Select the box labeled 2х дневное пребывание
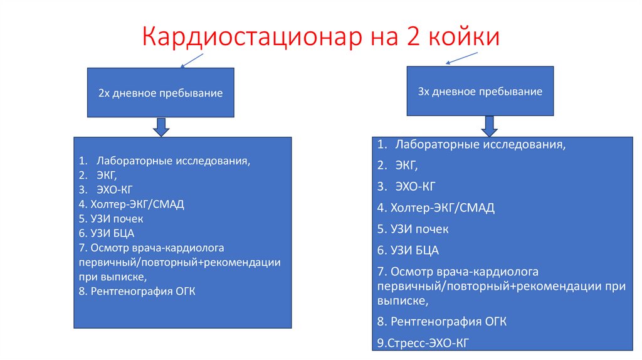(x=160, y=93)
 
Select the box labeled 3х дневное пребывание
(x=480, y=92)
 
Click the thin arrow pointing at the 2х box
(x=192, y=60)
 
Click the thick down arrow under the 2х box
(x=161, y=127)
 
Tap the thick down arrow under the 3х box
(x=490, y=126)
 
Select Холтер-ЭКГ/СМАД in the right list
(x=442, y=208)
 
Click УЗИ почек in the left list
(x=116, y=218)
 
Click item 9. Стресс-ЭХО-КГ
(x=423, y=342)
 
